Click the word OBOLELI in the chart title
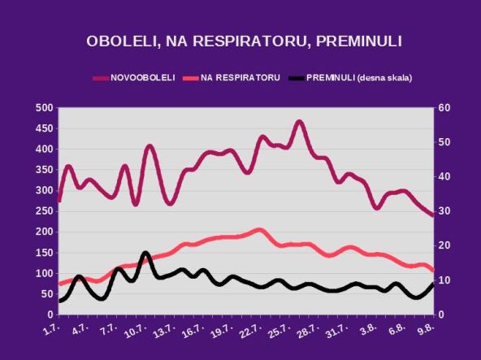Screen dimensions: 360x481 [119, 41]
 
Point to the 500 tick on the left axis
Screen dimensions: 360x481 [44, 108]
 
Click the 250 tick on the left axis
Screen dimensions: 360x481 [44, 211]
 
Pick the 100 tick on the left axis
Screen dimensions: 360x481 [44, 273]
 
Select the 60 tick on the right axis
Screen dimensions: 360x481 [444, 108]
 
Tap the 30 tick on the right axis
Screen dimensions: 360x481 [444, 211]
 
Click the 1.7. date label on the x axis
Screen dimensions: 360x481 [53, 331]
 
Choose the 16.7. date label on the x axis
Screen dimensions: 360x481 [192, 331]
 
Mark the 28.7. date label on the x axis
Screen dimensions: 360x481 [305, 331]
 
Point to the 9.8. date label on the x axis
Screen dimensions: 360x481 [423, 331]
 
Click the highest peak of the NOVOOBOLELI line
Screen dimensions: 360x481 [299, 122]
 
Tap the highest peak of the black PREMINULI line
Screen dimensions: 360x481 [145, 254]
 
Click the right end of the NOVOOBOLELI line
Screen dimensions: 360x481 [433, 215]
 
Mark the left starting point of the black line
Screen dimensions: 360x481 [59, 301]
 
